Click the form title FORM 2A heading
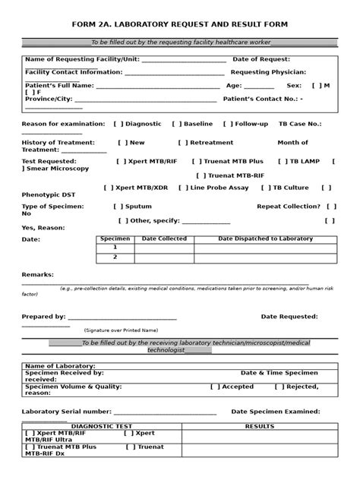[179, 24]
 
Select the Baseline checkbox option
[176, 124]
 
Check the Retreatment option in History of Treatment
[182, 142]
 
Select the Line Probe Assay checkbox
[182, 187]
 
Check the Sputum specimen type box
[118, 206]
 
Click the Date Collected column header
[163, 238]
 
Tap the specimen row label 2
[115, 257]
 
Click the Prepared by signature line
[122, 317]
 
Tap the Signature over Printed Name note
[121, 330]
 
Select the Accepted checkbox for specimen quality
[214, 386]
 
